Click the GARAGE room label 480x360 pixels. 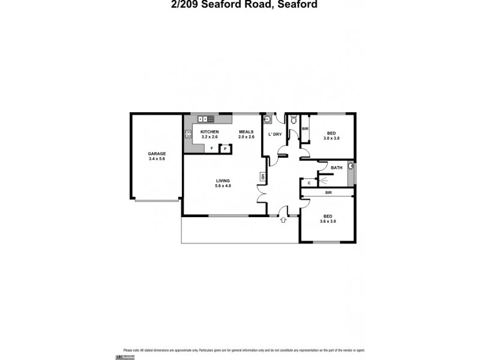pyautogui.click(x=157, y=154)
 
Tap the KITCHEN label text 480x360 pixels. pyautogui.click(x=209, y=131)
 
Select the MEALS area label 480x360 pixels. pyautogui.click(x=246, y=131)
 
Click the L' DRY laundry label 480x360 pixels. pyautogui.click(x=275, y=134)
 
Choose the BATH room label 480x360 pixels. pyautogui.click(x=337, y=167)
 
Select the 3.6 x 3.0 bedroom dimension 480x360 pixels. pyautogui.click(x=328, y=221)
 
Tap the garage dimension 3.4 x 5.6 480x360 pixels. pyautogui.click(x=157, y=159)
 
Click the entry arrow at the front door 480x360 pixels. pyautogui.click(x=283, y=221)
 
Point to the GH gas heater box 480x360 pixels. pyautogui.click(x=262, y=176)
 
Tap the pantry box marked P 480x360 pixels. pyautogui.click(x=225, y=148)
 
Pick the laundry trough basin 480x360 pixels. pyautogui.click(x=268, y=118)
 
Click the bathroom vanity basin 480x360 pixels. pyautogui.click(x=350, y=166)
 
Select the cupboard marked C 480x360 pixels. pyautogui.click(x=308, y=182)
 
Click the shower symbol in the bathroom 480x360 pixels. pyautogui.click(x=323, y=179)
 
